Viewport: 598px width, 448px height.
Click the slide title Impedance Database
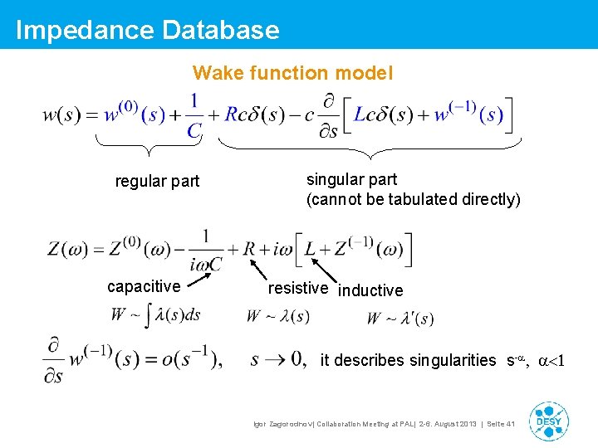[147, 30]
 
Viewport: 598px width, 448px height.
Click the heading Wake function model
[293, 73]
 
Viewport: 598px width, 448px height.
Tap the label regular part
[157, 181]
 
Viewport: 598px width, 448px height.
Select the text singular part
[351, 179]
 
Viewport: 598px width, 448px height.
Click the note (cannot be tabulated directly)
[413, 200]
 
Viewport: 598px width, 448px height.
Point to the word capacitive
[144, 286]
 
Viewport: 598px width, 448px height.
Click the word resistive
[297, 288]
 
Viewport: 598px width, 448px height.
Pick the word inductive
[370, 290]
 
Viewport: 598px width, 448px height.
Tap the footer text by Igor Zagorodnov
[384, 424]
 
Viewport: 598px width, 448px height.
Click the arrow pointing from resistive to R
[260, 270]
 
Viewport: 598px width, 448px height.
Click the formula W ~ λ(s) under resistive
[277, 316]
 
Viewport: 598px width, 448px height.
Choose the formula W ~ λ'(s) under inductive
[399, 319]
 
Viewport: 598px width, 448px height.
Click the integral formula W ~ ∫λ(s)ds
[155, 316]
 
